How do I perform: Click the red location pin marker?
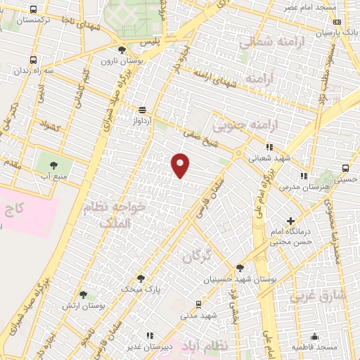click(x=181, y=165)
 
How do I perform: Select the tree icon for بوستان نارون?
click(x=122, y=50)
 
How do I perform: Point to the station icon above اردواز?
click(x=143, y=110)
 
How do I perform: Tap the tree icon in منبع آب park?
click(x=54, y=166)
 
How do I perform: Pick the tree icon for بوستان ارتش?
click(x=84, y=295)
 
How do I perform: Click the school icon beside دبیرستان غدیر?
click(x=148, y=336)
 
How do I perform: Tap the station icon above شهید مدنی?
click(x=198, y=304)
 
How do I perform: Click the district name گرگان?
click(x=196, y=257)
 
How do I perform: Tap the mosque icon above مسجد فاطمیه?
click(x=316, y=336)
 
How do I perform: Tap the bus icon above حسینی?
click(x=345, y=167)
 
